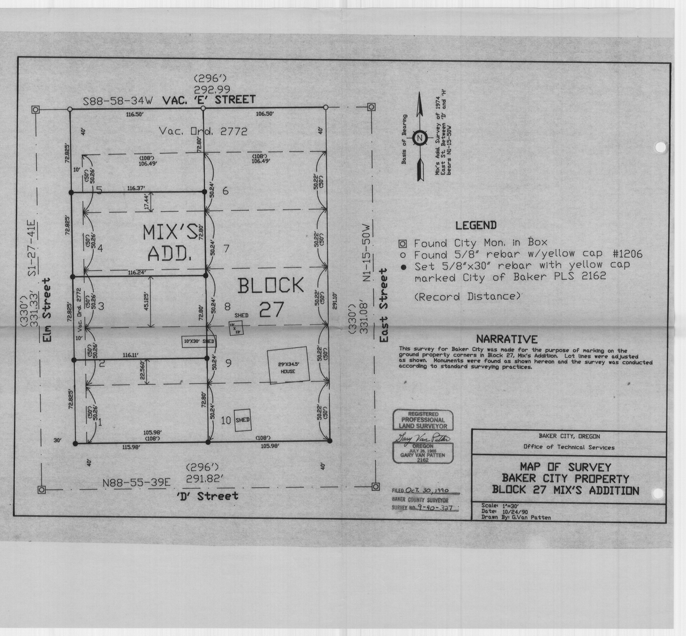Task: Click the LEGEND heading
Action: (x=476, y=226)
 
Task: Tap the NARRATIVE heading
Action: (x=506, y=339)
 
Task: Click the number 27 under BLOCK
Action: (x=271, y=309)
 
